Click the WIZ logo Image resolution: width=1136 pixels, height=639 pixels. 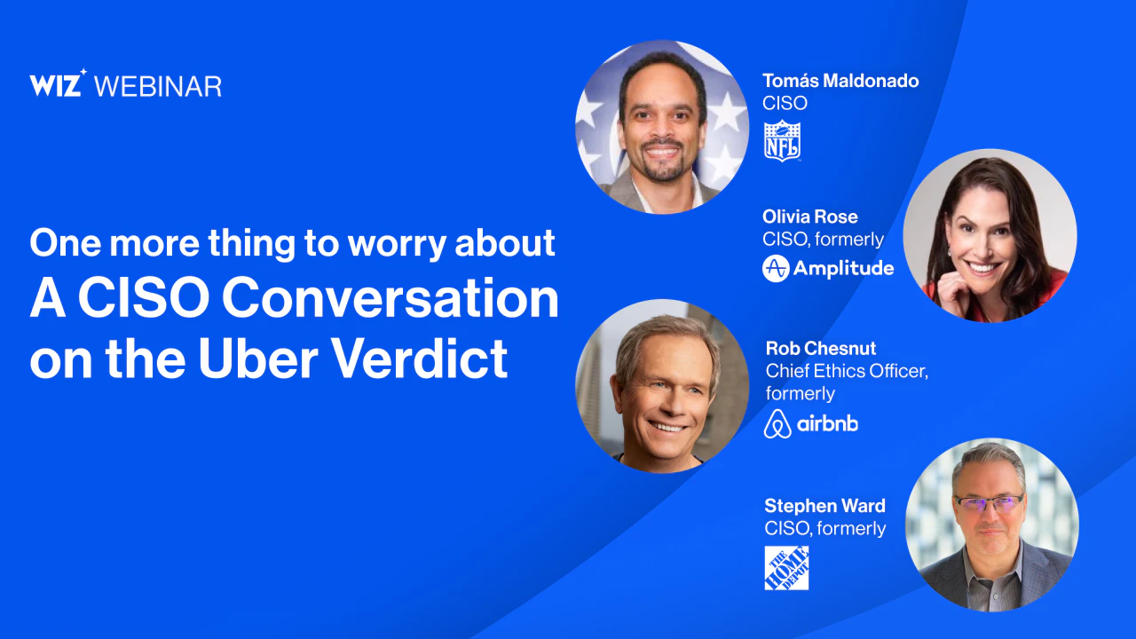[x=58, y=83]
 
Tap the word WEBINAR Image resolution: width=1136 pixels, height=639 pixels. [x=158, y=87]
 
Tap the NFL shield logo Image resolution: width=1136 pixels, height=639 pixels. [x=782, y=141]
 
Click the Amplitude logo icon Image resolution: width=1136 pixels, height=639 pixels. [x=776, y=268]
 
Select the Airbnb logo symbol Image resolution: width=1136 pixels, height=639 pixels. [x=777, y=423]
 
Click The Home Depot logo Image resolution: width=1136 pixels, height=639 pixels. [x=786, y=568]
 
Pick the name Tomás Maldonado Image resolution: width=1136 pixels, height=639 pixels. [x=840, y=81]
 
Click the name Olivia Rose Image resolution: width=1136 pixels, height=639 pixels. [x=810, y=217]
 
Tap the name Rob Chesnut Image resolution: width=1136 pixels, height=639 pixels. [x=821, y=348]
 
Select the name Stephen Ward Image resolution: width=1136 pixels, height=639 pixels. [x=824, y=506]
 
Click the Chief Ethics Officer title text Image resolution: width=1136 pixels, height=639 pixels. [x=847, y=371]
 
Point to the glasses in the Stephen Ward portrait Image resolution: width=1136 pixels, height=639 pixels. [x=989, y=503]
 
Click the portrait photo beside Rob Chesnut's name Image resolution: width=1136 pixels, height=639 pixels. [x=662, y=386]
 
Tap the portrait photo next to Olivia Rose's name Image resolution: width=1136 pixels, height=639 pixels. [x=990, y=235]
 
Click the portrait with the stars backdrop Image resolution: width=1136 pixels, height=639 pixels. [x=662, y=127]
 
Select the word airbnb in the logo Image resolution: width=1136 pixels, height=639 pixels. [x=827, y=423]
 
